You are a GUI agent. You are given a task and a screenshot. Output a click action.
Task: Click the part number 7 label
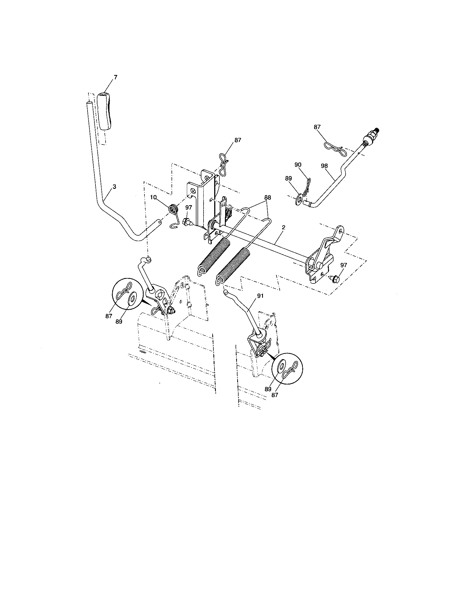point(115,77)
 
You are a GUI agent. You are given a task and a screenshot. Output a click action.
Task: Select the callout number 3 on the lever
point(114,187)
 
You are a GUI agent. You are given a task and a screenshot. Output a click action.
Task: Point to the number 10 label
point(153,197)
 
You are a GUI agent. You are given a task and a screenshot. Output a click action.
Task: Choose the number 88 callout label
point(267,197)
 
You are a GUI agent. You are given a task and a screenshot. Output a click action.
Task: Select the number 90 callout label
point(298,164)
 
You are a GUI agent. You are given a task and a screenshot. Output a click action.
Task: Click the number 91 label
point(260,296)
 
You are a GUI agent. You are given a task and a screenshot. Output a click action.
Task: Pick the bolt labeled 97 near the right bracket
point(334,279)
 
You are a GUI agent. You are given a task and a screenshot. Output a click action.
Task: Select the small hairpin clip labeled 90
point(307,187)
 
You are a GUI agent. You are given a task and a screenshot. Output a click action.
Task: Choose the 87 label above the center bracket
point(237,140)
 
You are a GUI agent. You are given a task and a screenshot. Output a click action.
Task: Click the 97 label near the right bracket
point(343,265)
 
